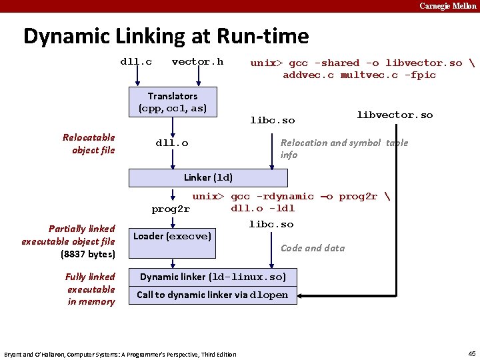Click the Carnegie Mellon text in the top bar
[447, 6]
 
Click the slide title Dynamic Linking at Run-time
[166, 36]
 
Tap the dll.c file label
[136, 62]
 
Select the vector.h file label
[197, 62]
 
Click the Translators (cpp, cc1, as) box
[173, 102]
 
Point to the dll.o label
[171, 143]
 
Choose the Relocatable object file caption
[89, 143]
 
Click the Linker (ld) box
[208, 177]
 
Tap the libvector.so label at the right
[395, 115]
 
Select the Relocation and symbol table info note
[344, 148]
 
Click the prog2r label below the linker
[171, 209]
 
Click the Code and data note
[313, 248]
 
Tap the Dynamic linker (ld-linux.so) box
[213, 277]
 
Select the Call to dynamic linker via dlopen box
[213, 295]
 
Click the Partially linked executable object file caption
[68, 241]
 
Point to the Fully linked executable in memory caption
[91, 289]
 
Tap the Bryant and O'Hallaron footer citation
[120, 354]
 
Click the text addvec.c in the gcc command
[309, 75]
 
